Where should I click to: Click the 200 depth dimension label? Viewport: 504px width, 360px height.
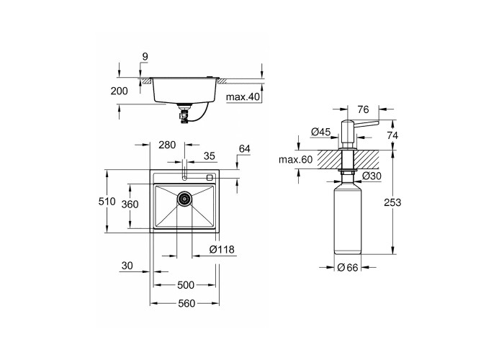[119, 91]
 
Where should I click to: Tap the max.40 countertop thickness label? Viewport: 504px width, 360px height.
[243, 96]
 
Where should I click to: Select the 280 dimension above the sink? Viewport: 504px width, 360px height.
[167, 145]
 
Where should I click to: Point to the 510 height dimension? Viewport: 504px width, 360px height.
[107, 202]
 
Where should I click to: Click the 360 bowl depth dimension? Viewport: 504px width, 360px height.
[130, 204]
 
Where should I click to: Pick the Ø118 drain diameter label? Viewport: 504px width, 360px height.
[222, 249]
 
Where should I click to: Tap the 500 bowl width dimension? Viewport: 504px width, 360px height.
[186, 285]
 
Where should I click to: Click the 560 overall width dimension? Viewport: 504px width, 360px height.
[186, 303]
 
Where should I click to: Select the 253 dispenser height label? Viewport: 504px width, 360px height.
[392, 202]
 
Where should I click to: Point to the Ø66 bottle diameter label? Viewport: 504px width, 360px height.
[348, 267]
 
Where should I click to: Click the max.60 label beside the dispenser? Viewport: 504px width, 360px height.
[295, 159]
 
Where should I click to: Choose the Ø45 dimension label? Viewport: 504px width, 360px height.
[321, 132]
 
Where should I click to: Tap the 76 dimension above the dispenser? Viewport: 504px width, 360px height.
[363, 109]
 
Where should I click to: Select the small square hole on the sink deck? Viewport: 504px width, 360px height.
[210, 177]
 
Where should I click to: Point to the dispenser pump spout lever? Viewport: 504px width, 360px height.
[366, 122]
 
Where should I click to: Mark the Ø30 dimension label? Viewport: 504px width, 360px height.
[372, 176]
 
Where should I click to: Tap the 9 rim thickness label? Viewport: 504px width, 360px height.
[145, 57]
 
